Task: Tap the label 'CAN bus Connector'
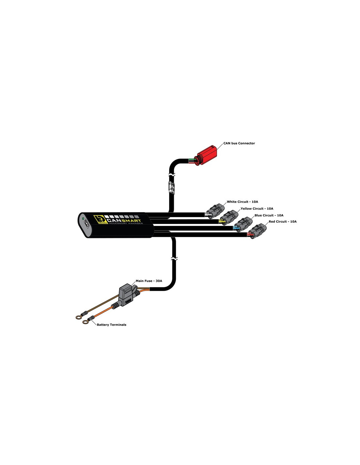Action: (x=239, y=143)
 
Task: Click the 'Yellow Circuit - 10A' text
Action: (x=257, y=208)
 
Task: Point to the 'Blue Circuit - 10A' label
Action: (x=269, y=215)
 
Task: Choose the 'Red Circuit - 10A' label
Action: (x=282, y=221)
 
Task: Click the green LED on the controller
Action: (x=83, y=219)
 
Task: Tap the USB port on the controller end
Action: (x=86, y=225)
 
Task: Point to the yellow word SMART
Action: (x=131, y=221)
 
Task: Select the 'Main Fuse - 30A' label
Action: (x=149, y=281)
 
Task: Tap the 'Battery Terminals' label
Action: (x=111, y=325)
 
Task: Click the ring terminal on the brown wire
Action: (x=79, y=317)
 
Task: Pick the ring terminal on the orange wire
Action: (x=85, y=321)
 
